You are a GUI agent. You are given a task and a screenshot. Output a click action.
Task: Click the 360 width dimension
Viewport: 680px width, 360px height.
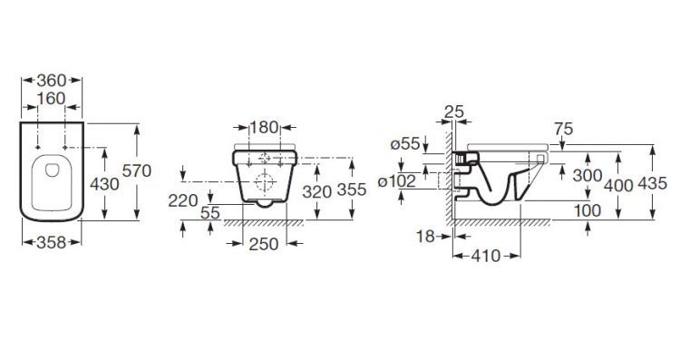[51, 81]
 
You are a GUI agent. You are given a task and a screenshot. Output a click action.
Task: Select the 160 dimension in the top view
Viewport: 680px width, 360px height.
[51, 99]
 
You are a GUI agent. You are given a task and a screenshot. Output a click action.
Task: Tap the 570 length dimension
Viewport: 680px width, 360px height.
[137, 170]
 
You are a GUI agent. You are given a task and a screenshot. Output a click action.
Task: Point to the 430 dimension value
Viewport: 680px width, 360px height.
[104, 184]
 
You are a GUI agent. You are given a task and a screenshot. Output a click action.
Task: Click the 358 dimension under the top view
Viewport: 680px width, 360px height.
[51, 242]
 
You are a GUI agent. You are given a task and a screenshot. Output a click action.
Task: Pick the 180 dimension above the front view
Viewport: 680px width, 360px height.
[264, 128]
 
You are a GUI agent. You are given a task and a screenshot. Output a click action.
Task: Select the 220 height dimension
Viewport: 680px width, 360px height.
[183, 200]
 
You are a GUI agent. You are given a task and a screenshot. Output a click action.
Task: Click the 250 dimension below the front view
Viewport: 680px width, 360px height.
[264, 244]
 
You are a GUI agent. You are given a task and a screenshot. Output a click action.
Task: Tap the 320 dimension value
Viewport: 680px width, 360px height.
[317, 191]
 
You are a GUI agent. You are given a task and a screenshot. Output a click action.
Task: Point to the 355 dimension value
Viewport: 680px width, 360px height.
[352, 190]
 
